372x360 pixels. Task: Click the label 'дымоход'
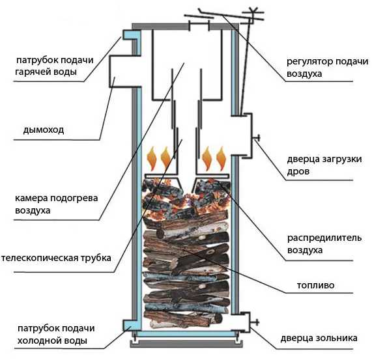(x=44, y=130)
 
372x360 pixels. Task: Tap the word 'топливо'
(x=315, y=285)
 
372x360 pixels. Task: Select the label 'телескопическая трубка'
(x=56, y=258)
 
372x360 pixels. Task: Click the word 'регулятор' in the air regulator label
(x=307, y=62)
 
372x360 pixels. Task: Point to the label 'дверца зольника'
(x=319, y=339)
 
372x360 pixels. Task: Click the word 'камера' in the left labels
(x=31, y=198)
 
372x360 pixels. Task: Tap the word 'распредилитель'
(x=324, y=238)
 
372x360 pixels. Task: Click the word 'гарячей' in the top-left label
(x=32, y=72)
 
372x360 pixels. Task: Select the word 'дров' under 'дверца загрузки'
(x=298, y=172)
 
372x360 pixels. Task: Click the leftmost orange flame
(x=152, y=159)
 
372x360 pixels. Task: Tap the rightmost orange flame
(x=221, y=159)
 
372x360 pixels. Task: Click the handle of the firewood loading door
(x=257, y=137)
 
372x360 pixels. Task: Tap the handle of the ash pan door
(x=255, y=322)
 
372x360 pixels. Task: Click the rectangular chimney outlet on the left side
(x=125, y=71)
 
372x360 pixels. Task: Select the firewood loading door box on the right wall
(x=242, y=135)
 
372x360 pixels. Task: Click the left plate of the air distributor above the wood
(x=162, y=176)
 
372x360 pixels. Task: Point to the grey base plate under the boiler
(x=186, y=344)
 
